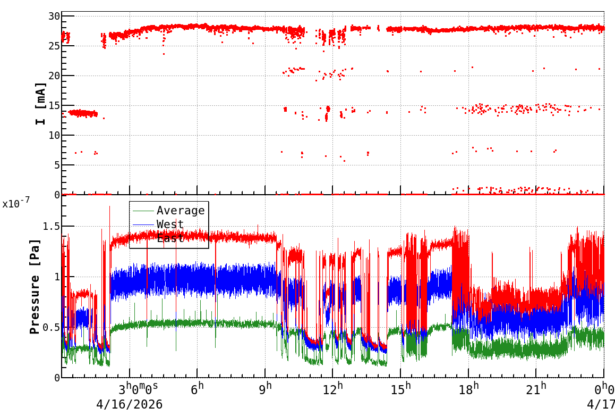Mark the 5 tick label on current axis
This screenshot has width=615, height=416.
click(55, 165)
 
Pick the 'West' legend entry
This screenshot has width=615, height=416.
click(170, 224)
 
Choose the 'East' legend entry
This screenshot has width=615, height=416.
click(170, 238)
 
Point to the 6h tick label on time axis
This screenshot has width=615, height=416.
click(198, 389)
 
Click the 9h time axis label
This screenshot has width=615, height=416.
click(265, 389)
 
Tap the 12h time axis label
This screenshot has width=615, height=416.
click(334, 389)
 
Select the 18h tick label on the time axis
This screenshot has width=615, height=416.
click(469, 389)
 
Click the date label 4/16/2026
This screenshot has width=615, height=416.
click(129, 404)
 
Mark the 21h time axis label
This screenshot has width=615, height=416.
click(536, 389)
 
